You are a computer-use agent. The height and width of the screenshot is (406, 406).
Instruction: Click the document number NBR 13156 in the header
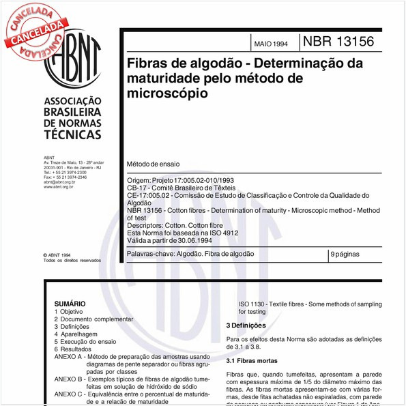pos(338,41)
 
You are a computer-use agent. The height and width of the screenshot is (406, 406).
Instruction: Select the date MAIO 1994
pos(271,43)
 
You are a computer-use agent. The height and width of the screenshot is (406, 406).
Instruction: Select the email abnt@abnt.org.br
pos(59,182)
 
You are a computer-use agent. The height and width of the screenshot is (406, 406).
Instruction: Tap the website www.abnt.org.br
pos(58,187)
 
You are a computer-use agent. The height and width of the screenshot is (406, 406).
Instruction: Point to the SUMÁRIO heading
pos(70,304)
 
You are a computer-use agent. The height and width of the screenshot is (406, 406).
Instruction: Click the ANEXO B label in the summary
pos(68,379)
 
